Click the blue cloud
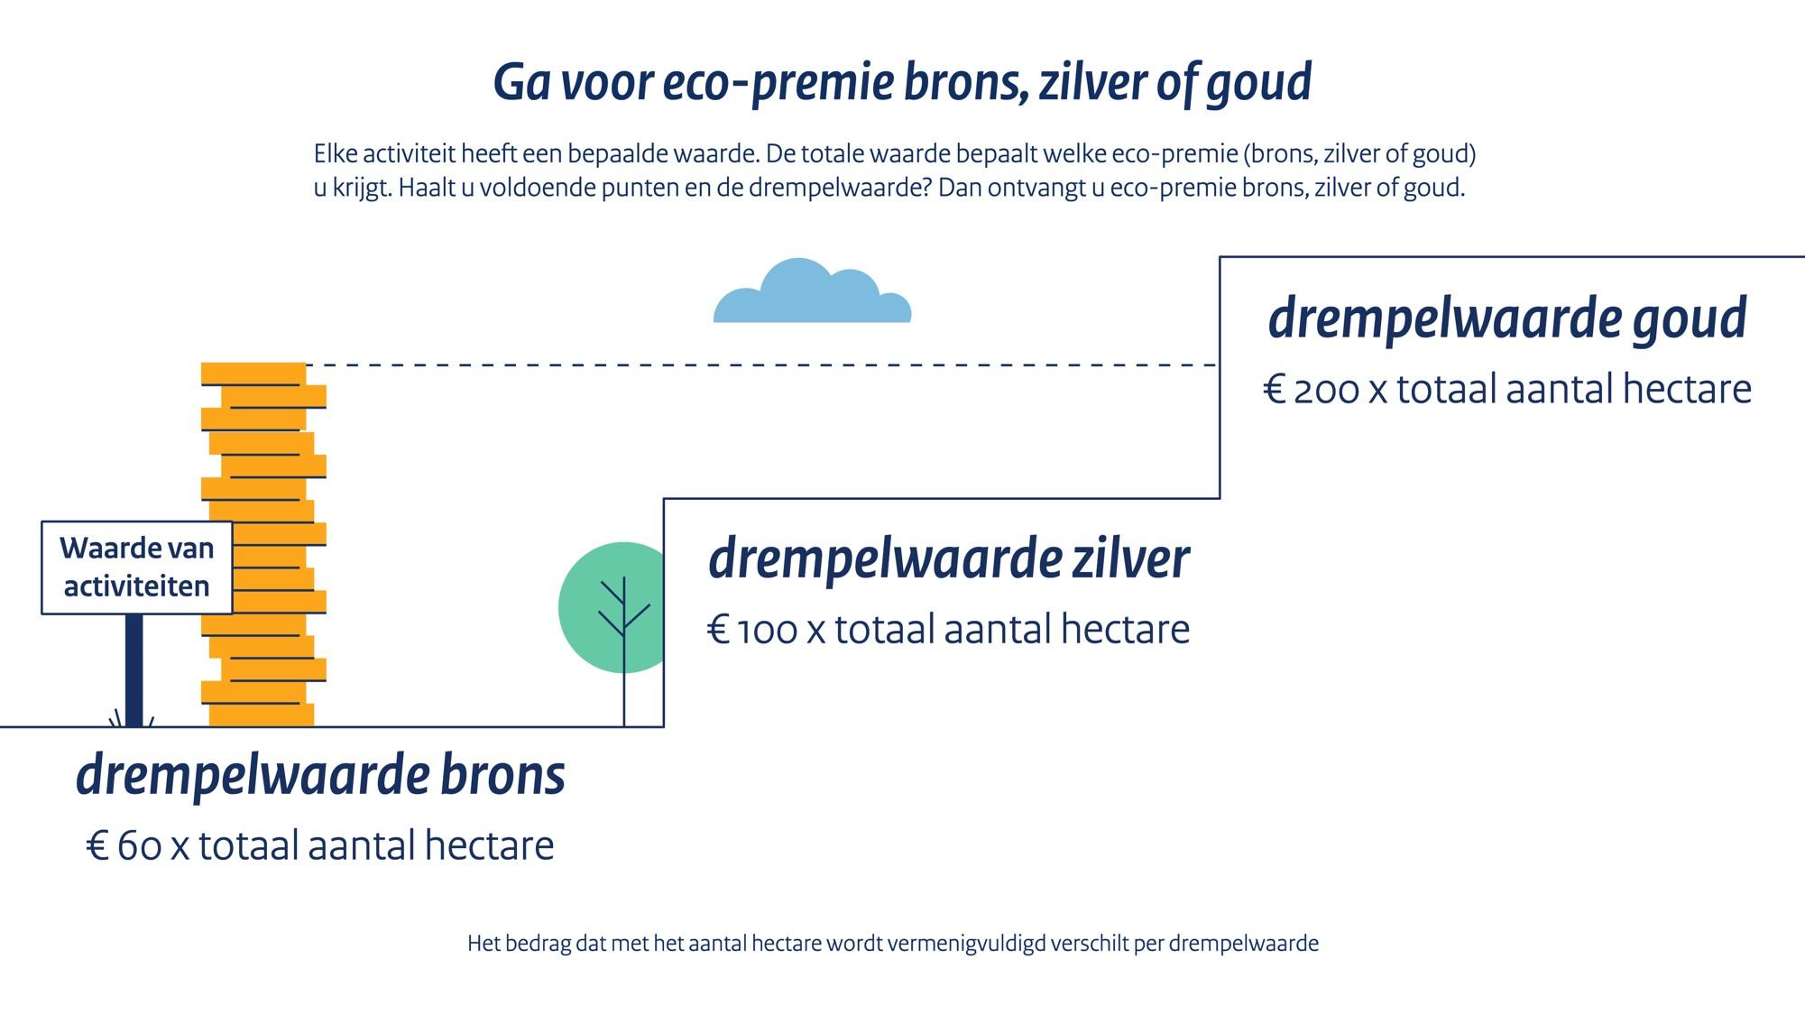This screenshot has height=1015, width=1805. (x=812, y=293)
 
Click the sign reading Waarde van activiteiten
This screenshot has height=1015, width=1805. (x=137, y=567)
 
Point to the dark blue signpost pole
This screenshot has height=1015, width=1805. (x=134, y=670)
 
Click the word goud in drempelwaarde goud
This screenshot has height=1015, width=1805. (x=1689, y=319)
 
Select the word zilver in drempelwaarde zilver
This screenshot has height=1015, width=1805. (x=1130, y=558)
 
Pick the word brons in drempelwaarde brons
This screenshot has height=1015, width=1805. (x=502, y=775)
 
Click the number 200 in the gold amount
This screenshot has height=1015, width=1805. (x=1326, y=390)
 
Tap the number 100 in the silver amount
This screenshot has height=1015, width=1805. (x=767, y=630)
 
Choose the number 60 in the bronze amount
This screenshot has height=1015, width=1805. (x=140, y=846)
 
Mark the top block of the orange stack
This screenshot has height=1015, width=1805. (x=253, y=374)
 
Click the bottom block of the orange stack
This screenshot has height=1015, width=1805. (x=262, y=715)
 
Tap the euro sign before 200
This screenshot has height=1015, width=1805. (x=1274, y=390)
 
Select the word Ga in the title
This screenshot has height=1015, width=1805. (x=522, y=83)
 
